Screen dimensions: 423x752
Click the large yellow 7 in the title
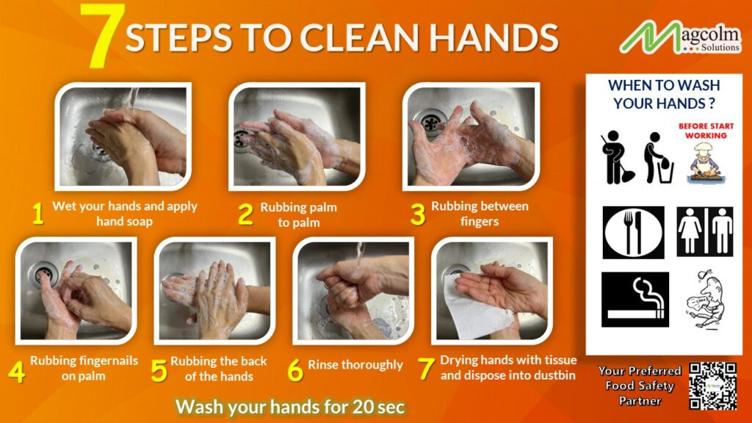pyautogui.click(x=101, y=35)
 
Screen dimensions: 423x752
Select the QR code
pyautogui.click(x=712, y=386)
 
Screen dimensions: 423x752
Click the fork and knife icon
pyautogui.click(x=633, y=232)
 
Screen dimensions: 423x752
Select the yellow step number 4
pyautogui.click(x=16, y=371)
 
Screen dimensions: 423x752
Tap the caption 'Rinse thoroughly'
pyautogui.click(x=355, y=365)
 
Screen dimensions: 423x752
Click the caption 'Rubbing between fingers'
pyautogui.click(x=480, y=213)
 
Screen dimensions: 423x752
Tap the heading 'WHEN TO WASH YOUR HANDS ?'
pyautogui.click(x=663, y=95)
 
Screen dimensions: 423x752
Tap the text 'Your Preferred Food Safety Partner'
pyautogui.click(x=639, y=386)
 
